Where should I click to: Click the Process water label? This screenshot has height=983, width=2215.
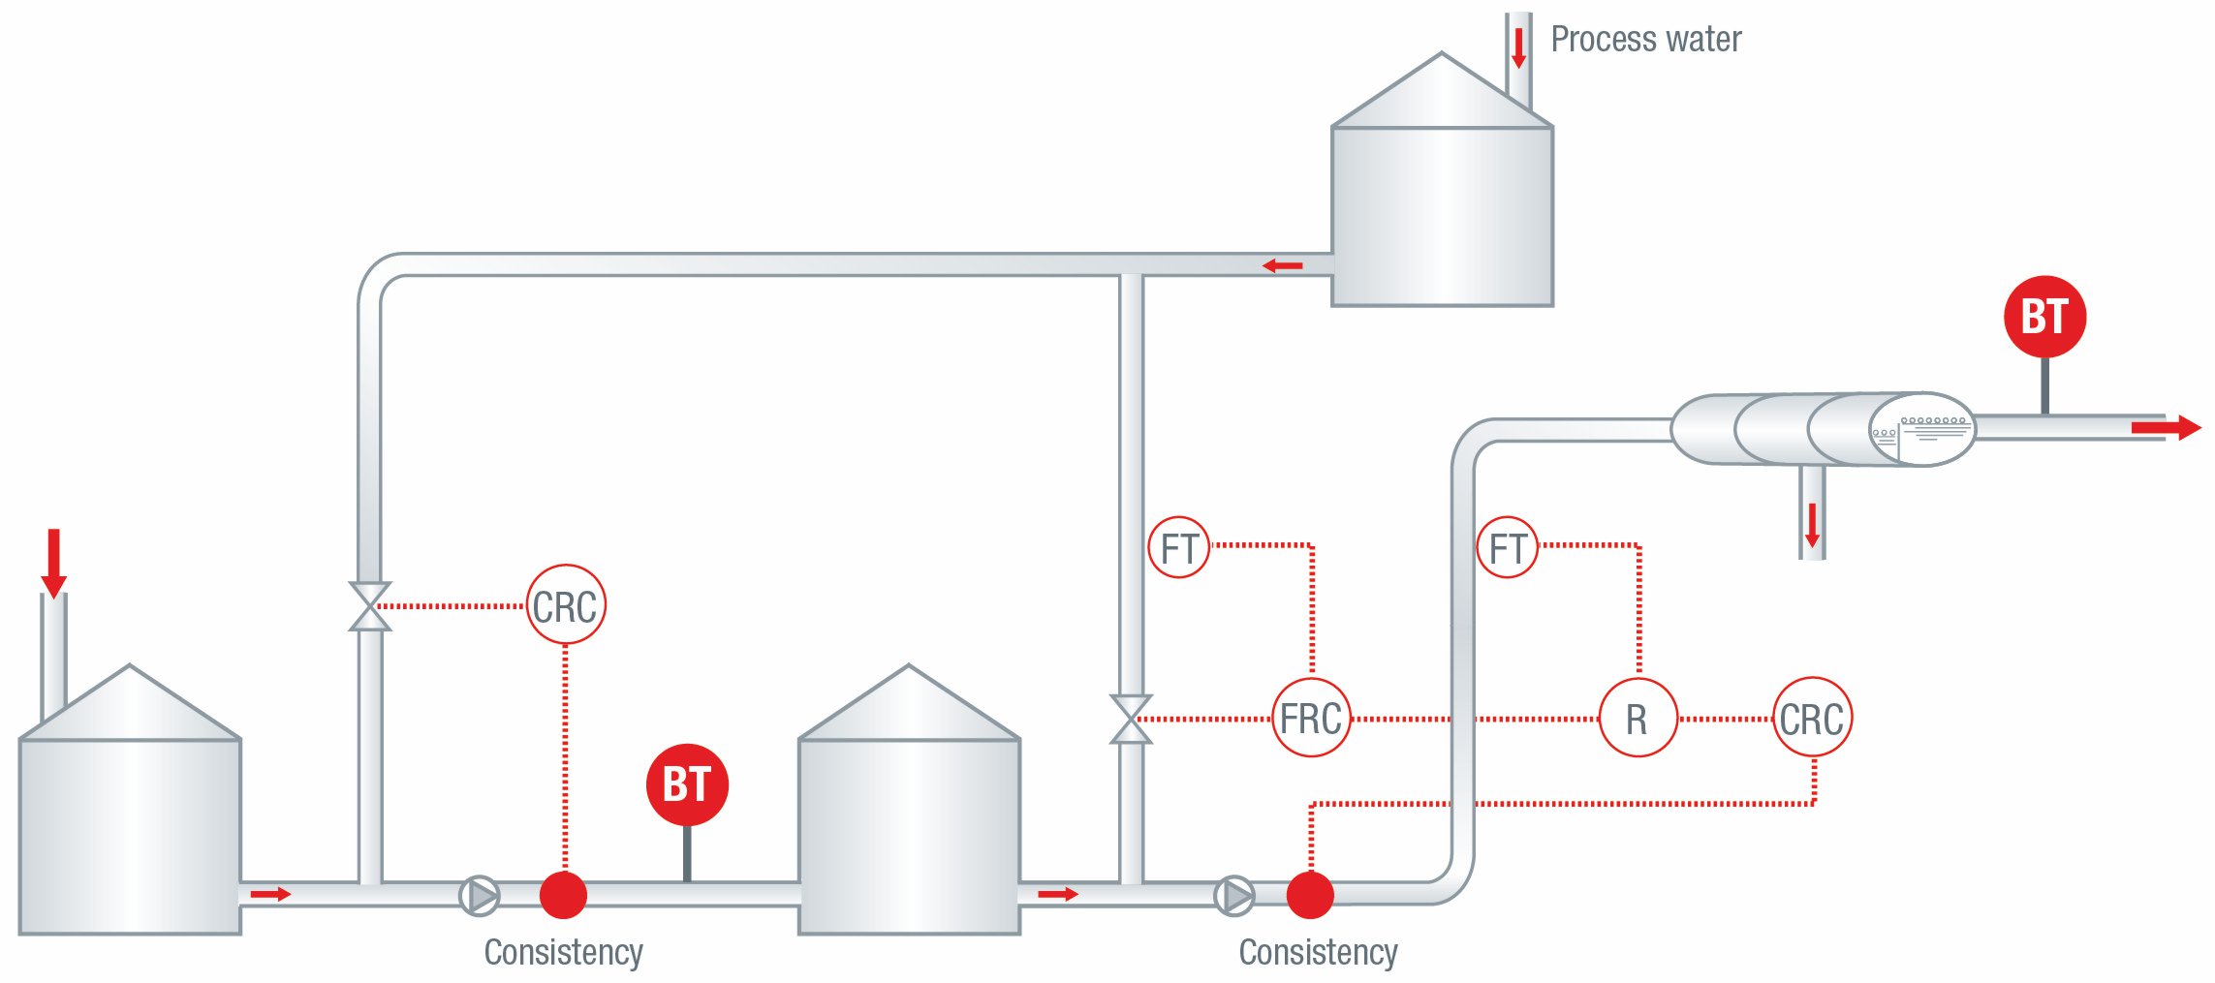click(x=1645, y=40)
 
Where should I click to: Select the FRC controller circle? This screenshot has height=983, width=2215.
click(x=1311, y=718)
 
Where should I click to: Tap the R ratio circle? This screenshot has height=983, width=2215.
click(x=1638, y=718)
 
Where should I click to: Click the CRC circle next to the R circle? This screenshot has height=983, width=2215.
click(x=1812, y=718)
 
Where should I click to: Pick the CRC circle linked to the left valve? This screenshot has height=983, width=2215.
click(x=566, y=605)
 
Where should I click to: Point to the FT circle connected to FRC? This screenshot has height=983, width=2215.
click(x=1178, y=548)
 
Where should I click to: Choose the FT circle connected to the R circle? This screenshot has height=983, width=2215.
click(x=1507, y=548)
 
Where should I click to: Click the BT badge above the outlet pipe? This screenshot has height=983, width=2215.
click(x=2044, y=317)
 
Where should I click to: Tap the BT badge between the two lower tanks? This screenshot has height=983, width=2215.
click(x=687, y=783)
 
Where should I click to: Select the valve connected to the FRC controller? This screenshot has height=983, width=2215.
click(x=1131, y=720)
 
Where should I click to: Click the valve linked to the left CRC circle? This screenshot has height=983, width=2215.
click(x=369, y=606)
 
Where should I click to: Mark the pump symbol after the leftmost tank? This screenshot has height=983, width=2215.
click(x=480, y=896)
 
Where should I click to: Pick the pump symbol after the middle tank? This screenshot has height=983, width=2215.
click(x=1234, y=896)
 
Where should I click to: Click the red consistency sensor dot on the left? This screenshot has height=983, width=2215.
click(x=563, y=895)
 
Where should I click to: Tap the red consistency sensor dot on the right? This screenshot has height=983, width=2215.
click(x=1310, y=895)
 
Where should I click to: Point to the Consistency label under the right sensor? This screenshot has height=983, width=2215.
click(x=1318, y=952)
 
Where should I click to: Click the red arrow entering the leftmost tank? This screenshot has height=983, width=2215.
click(x=54, y=563)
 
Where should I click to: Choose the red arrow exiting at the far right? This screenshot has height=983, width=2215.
click(x=2166, y=427)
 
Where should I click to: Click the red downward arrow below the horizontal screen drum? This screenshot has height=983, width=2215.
click(x=1812, y=524)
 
